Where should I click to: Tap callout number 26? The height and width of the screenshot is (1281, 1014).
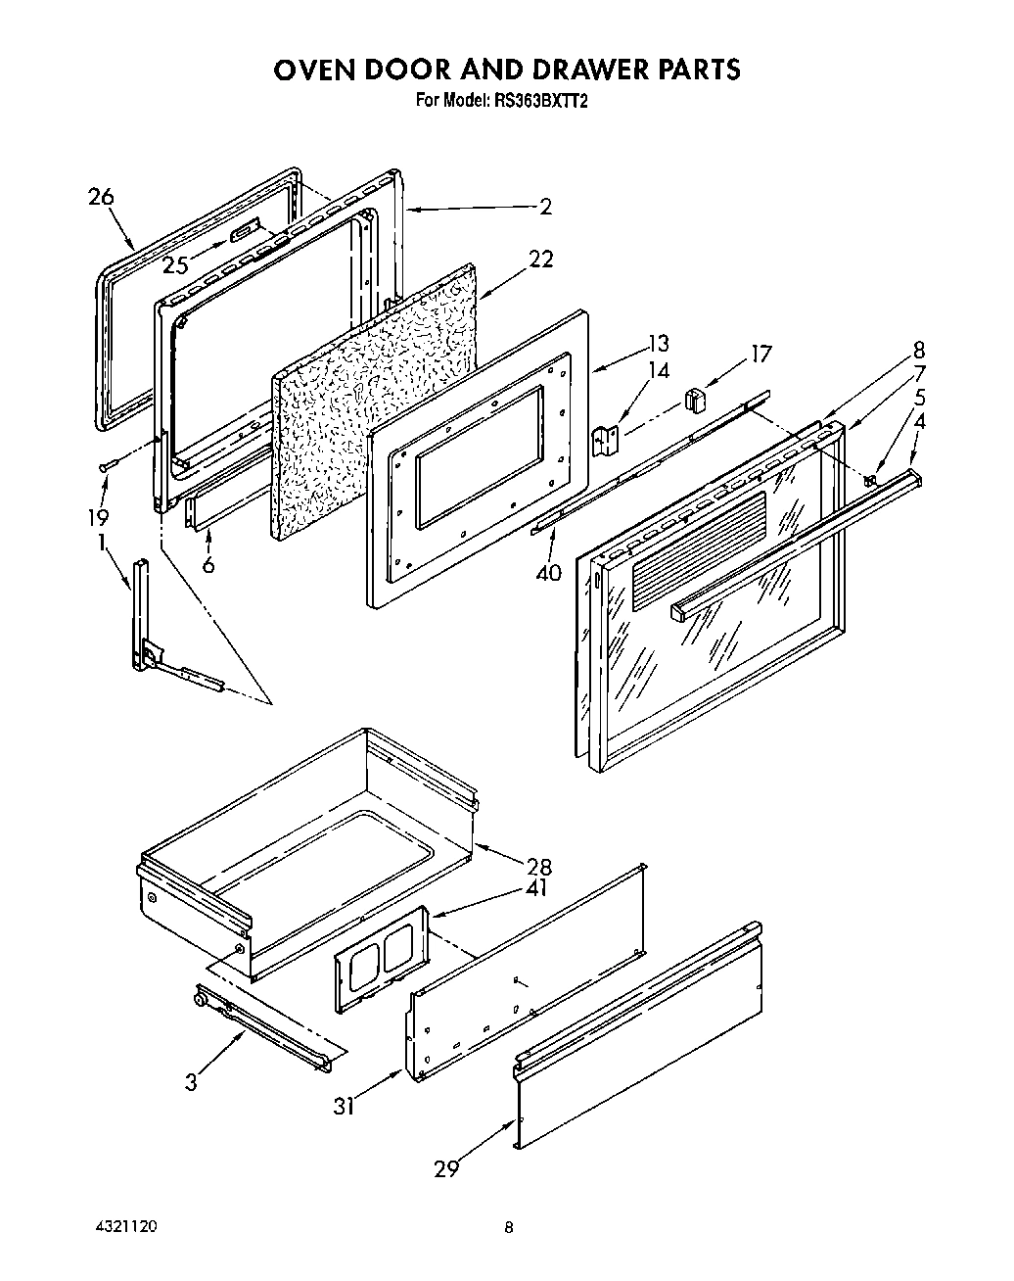(x=101, y=197)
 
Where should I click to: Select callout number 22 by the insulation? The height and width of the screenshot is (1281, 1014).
(x=540, y=259)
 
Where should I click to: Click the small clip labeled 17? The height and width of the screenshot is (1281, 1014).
(x=696, y=399)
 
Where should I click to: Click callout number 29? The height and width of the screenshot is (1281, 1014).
(x=446, y=1167)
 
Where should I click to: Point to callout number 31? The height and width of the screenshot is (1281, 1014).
(x=344, y=1106)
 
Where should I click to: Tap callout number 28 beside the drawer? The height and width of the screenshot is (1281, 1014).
(x=538, y=867)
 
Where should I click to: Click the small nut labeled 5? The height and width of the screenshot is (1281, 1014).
(x=869, y=479)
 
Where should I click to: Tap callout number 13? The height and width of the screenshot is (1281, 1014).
(x=658, y=343)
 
